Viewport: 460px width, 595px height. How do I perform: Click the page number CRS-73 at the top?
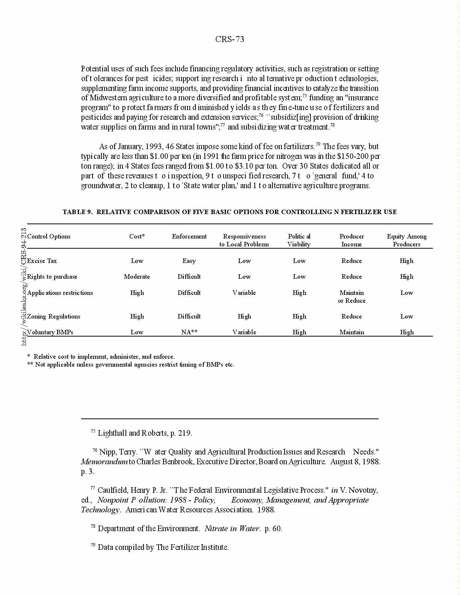pos(230,39)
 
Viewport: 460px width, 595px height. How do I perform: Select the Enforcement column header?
pos(189,236)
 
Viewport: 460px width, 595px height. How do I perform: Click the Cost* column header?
pos(137,236)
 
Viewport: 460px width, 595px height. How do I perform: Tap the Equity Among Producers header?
pos(407,240)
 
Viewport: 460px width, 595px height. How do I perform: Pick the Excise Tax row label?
pos(42,261)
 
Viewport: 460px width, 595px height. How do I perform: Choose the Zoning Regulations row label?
pos(54,316)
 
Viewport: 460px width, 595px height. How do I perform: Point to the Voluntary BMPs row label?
pos(50,332)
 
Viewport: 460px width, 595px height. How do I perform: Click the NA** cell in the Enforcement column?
pos(189,332)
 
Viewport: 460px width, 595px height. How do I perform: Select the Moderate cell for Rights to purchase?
pos(137,276)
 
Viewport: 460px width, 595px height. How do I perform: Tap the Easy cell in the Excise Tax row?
pos(189,261)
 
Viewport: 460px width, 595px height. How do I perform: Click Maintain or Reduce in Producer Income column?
pos(351,296)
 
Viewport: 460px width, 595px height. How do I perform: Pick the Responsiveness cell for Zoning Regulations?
pos(244,316)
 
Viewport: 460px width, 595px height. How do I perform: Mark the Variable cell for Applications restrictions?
pos(244,293)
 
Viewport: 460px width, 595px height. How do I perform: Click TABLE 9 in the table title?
pos(77,212)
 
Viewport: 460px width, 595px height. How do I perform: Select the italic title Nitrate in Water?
pos(232,529)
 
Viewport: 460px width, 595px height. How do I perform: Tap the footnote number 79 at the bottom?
pos(93,545)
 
